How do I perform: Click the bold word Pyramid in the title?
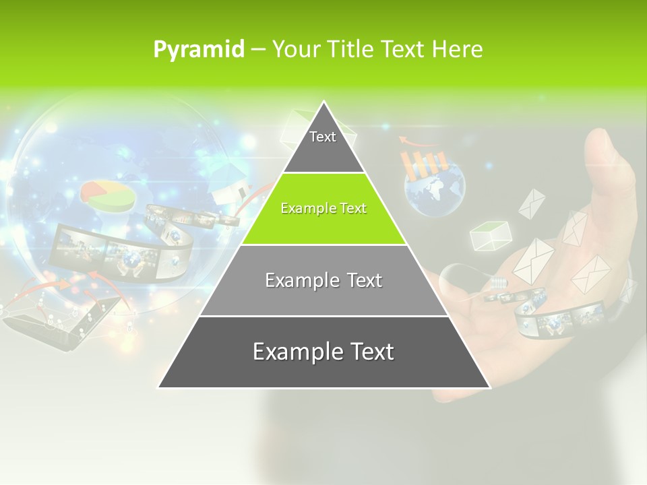point(198,50)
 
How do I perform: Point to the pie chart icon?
point(106,195)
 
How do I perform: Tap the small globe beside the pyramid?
point(435,191)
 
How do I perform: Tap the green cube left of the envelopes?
point(489,236)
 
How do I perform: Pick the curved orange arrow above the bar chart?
point(408,141)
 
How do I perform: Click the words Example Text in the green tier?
point(323,209)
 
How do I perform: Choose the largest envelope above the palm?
point(534,260)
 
